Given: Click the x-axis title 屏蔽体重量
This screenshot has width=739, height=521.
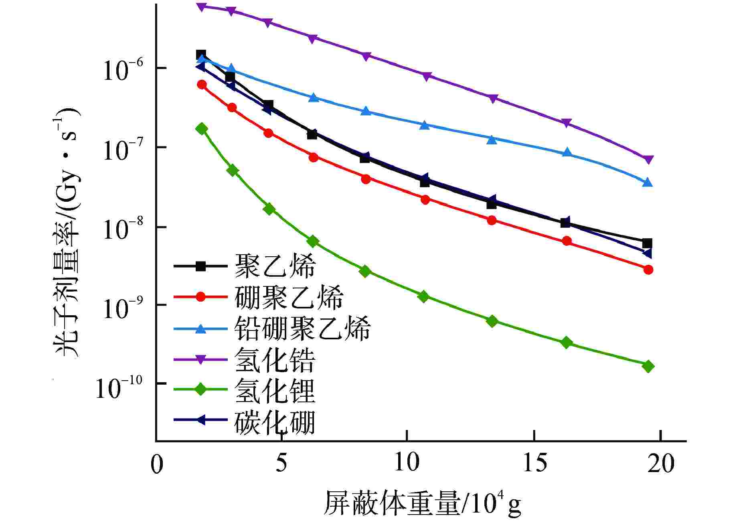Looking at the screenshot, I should tap(391, 503).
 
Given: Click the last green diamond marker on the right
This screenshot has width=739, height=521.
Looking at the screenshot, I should tap(648, 366).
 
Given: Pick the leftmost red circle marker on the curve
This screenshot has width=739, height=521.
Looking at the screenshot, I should tap(202, 84).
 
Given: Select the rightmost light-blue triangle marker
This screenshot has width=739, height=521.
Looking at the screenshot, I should tap(648, 182).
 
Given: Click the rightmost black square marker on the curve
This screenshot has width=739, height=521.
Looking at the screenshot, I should tap(647, 243).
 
